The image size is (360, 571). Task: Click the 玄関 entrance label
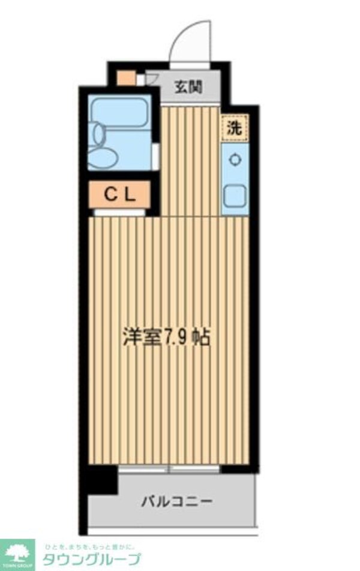[x=188, y=87]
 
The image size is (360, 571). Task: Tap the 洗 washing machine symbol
[x=234, y=128]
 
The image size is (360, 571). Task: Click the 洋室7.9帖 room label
[x=166, y=338]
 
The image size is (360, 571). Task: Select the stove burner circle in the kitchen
[x=234, y=160]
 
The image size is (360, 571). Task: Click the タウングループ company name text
[x=90, y=560]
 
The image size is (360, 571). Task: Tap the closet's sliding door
[x=119, y=212]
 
